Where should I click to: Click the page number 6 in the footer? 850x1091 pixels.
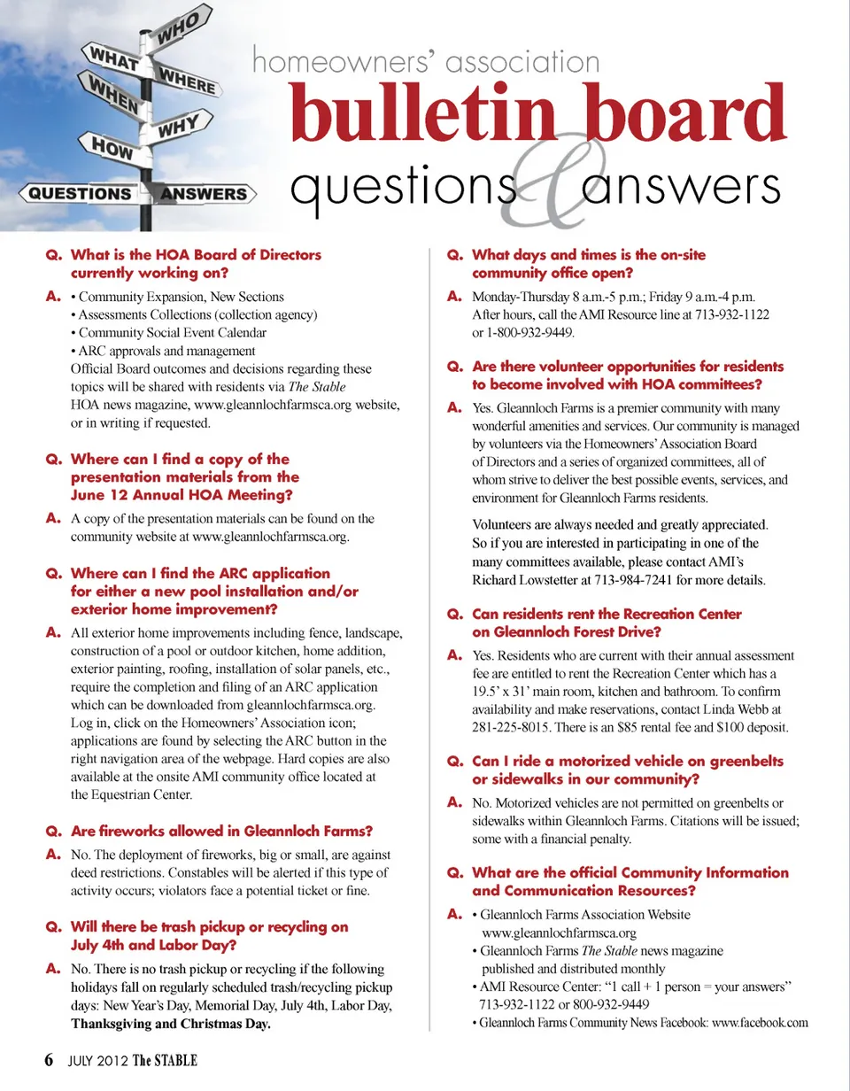point(50,1060)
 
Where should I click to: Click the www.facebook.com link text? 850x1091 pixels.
point(760,1023)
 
